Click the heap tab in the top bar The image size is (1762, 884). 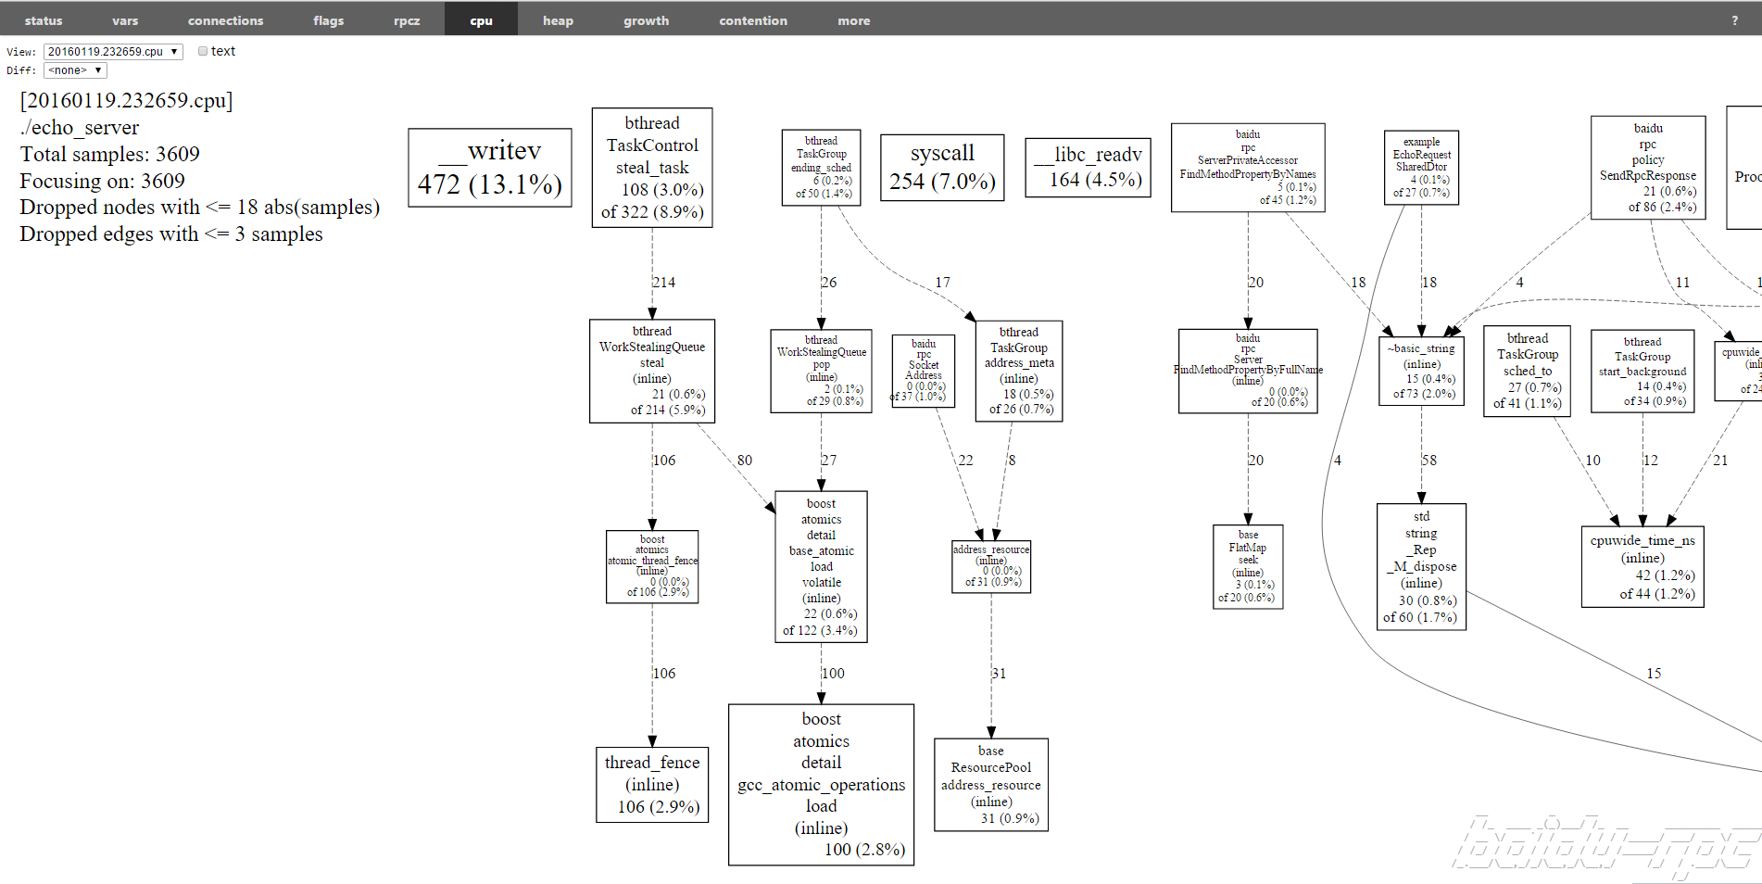[x=558, y=20]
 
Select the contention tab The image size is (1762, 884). [x=752, y=20]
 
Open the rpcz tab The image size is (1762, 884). [x=407, y=20]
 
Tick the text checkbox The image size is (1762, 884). [x=203, y=52]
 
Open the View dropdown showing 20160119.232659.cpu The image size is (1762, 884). [x=112, y=52]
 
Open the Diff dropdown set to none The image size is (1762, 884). [x=75, y=70]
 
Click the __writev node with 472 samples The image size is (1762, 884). [x=490, y=168]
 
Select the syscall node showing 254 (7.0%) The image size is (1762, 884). [x=942, y=167]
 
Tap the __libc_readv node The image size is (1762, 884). [x=1088, y=168]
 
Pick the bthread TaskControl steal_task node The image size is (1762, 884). [x=652, y=168]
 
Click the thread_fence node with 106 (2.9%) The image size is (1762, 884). [x=652, y=785]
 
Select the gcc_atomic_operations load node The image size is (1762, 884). [x=821, y=785]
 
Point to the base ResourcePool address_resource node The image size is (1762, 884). [x=991, y=785]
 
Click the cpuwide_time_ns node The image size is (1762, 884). [x=1642, y=566]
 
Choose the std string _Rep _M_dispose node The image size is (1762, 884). [x=1421, y=566]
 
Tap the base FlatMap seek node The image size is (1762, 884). [x=1248, y=566]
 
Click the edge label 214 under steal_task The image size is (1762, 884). [x=663, y=283]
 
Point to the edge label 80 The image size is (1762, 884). [x=745, y=461]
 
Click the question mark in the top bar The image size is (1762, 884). [x=1735, y=20]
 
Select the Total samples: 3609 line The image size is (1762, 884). [x=110, y=155]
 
